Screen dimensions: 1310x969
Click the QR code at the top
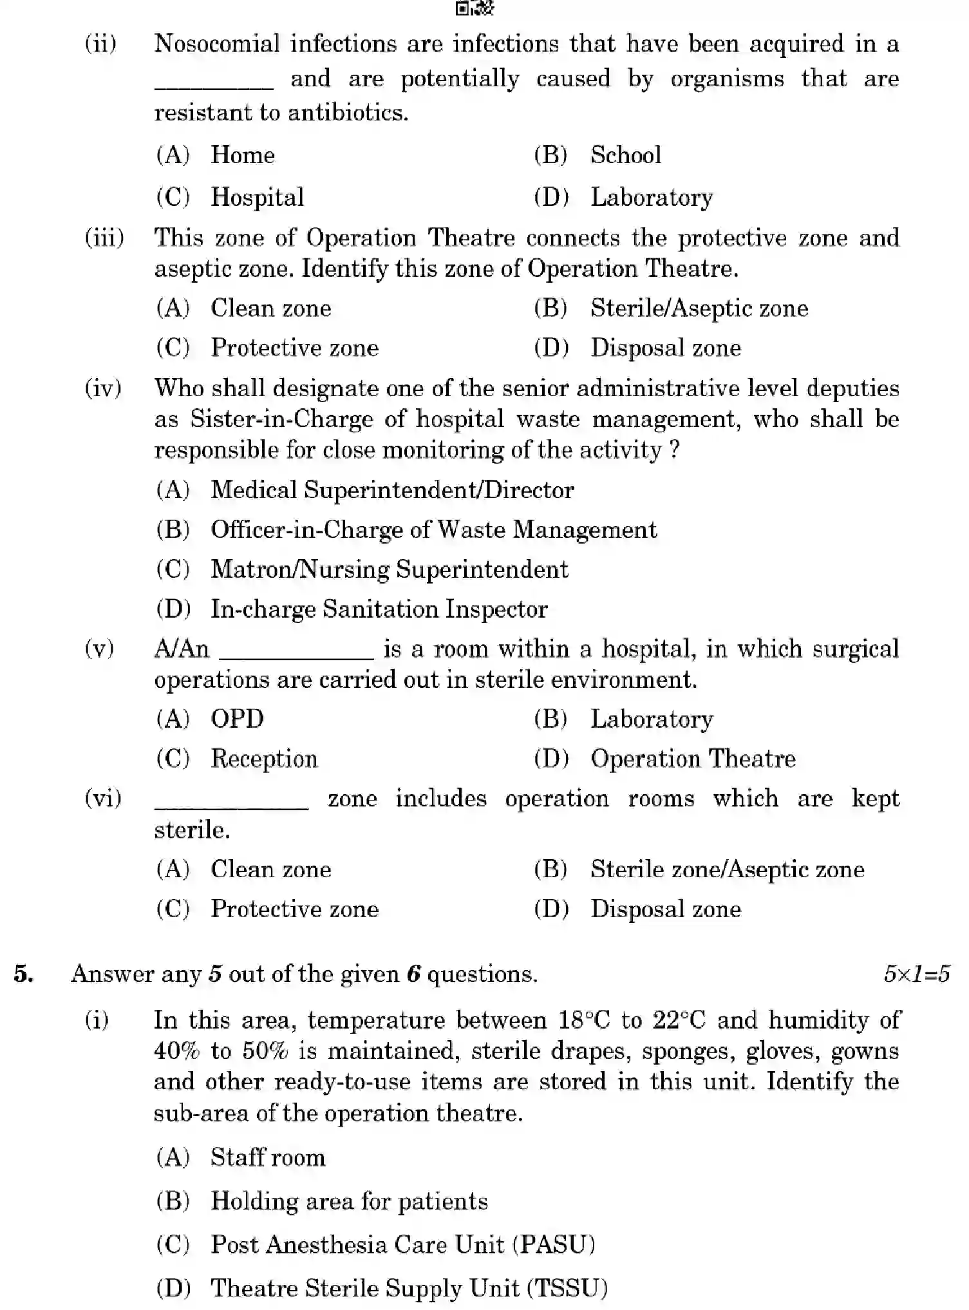coord(475,8)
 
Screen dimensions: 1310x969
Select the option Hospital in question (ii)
coord(257,197)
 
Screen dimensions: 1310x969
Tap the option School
coord(625,155)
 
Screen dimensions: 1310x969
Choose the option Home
coord(243,155)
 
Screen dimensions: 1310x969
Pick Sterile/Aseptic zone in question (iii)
coord(699,309)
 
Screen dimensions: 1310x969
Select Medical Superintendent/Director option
coord(391,490)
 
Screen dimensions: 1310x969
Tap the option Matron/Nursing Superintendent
coord(389,569)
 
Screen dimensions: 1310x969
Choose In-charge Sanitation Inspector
coord(379,609)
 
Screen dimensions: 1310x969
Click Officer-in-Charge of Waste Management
coord(433,530)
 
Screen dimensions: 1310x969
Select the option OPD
coord(237,719)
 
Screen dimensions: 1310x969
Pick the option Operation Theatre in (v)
coord(693,759)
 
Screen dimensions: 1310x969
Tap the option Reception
coord(264,759)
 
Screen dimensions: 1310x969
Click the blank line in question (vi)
coord(231,806)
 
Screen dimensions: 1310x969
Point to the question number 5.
coord(24,974)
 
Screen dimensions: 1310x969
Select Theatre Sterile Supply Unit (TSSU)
coord(409,1287)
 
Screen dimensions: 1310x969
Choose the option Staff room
coord(268,1157)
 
